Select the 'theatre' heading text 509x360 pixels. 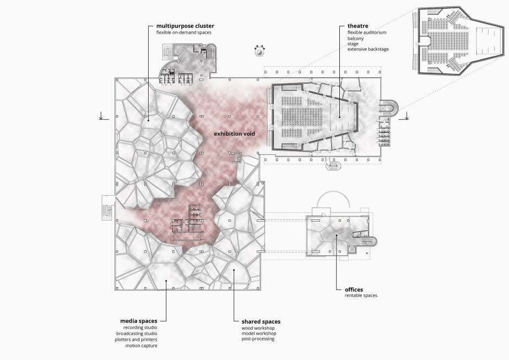tap(358, 26)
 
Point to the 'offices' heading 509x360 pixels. tap(354, 289)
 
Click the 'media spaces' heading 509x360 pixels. tap(139, 321)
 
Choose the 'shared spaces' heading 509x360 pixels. tap(261, 321)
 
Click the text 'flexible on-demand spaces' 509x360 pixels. tap(183, 33)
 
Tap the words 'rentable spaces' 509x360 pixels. tap(361, 295)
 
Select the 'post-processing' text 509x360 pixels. tap(258, 339)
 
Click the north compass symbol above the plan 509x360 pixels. tap(259, 51)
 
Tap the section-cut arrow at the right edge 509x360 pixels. tap(407, 115)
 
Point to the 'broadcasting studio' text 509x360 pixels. tap(137, 334)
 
